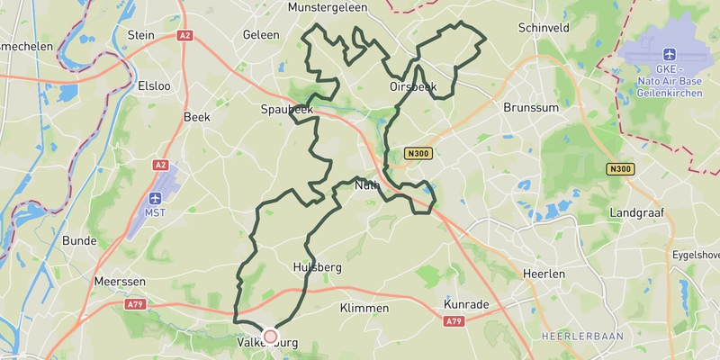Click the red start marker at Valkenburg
point(270,335)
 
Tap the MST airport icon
point(156,197)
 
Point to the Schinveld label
point(544,29)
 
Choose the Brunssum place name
point(530,107)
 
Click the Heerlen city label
point(544,274)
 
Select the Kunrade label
point(467,305)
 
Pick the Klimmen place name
point(364,309)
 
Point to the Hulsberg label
point(318,267)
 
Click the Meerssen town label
point(120,281)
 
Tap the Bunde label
point(79,240)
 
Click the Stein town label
point(141,35)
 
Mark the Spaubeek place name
point(286,109)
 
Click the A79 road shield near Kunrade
point(454,321)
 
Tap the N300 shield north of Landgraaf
point(619,169)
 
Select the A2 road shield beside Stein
point(185,35)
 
